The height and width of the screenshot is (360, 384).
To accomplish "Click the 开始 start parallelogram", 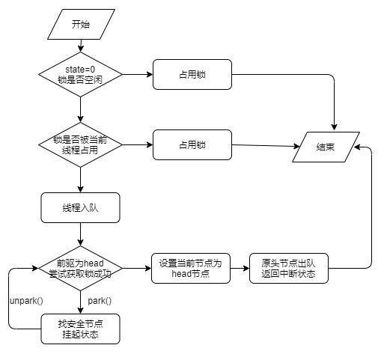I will click(79, 24).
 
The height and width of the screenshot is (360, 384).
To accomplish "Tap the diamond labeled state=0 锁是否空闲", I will click(79, 74).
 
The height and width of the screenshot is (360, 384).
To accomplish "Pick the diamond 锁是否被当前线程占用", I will click(79, 144).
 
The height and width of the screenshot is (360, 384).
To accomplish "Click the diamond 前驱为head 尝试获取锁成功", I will click(79, 268).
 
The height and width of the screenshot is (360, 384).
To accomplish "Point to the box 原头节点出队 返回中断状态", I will click(290, 268).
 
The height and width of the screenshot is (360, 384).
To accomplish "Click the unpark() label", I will click(27, 300).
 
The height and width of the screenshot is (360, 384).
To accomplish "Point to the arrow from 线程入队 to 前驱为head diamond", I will click(79, 235).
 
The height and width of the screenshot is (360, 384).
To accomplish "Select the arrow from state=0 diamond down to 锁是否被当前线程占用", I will click(79, 109).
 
